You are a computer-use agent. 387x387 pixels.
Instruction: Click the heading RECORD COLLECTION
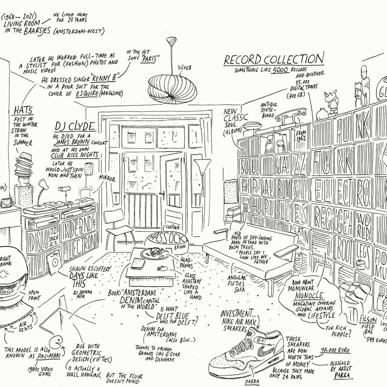274,60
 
